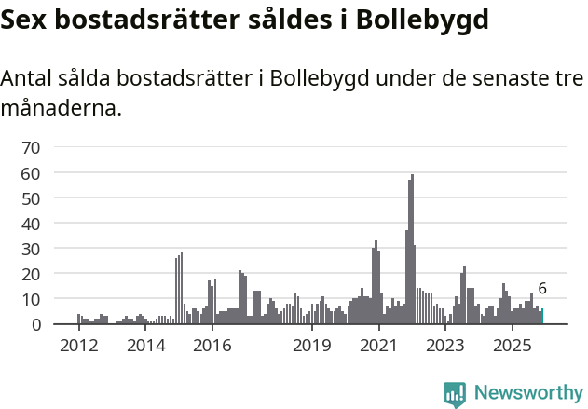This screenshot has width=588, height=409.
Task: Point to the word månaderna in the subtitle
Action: [x=62, y=108]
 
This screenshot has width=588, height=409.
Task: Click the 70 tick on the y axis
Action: [x=31, y=147]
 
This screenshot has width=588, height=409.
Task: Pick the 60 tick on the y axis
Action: [x=31, y=172]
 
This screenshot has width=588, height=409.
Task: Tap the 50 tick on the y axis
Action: [x=31, y=198]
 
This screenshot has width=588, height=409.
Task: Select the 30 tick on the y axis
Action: [x=31, y=249]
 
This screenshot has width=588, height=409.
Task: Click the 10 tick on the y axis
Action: [x=31, y=299]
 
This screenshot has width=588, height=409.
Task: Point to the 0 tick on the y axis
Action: [x=35, y=324]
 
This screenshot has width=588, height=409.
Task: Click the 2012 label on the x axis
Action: [x=78, y=346]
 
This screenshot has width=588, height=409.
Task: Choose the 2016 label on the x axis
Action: [x=212, y=346]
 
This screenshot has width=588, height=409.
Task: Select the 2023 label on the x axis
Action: [x=444, y=346]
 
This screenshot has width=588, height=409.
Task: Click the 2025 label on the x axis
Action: [x=512, y=346]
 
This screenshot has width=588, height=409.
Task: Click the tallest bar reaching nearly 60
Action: [x=412, y=250]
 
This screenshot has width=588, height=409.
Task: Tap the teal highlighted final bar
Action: [x=542, y=317]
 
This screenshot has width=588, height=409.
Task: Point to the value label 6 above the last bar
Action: [x=542, y=289]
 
